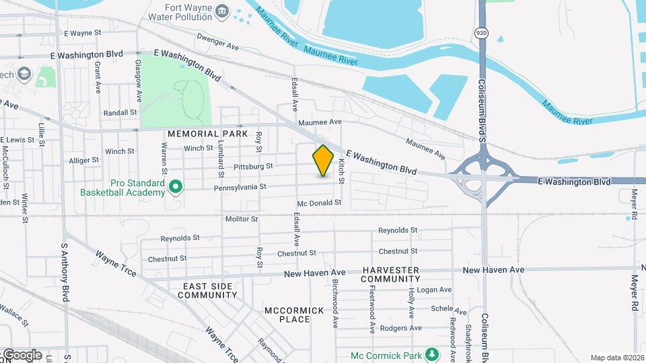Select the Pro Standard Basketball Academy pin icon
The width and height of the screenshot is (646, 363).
click(x=176, y=187)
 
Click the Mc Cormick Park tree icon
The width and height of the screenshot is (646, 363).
click(x=431, y=355)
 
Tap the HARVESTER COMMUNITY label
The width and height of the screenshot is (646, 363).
click(x=390, y=274)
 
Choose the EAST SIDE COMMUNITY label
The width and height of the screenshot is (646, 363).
click(x=210, y=290)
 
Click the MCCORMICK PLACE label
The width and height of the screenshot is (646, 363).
click(x=294, y=315)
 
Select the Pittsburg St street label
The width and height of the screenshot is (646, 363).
click(x=252, y=166)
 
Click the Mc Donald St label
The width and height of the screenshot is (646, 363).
click(x=320, y=202)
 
